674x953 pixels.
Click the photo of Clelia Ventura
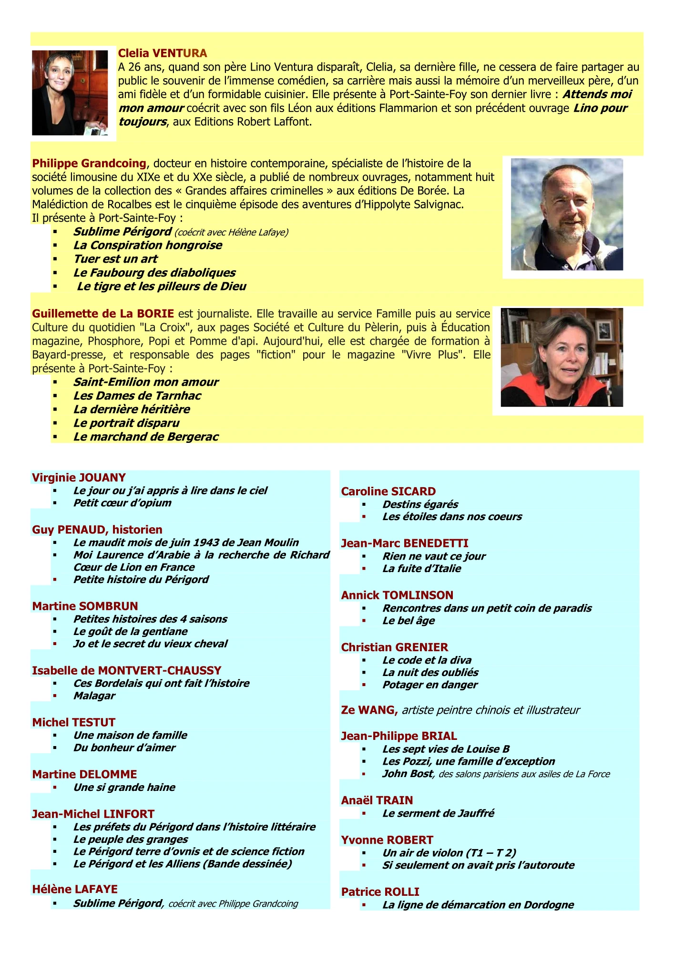(x=70, y=93)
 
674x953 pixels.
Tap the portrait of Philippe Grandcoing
(x=567, y=215)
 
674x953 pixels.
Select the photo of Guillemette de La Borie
(x=562, y=357)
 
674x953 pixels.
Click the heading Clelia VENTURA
(x=163, y=53)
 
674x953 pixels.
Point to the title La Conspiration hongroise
(x=148, y=246)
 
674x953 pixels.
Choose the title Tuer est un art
(x=115, y=259)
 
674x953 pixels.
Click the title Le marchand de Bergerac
(x=146, y=437)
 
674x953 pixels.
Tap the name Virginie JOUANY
(x=79, y=478)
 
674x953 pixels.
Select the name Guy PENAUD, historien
(x=97, y=530)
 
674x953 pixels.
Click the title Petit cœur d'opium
(x=122, y=503)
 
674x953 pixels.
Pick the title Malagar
(x=94, y=696)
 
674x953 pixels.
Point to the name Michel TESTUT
(x=74, y=722)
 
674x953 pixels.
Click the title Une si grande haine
(x=124, y=788)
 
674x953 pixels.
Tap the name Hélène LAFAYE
(x=75, y=889)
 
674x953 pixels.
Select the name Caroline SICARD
(x=388, y=492)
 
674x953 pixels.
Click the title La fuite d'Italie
(x=422, y=569)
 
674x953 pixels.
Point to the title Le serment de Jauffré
(x=438, y=813)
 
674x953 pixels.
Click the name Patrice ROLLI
(x=380, y=892)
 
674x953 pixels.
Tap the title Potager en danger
(x=430, y=685)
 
